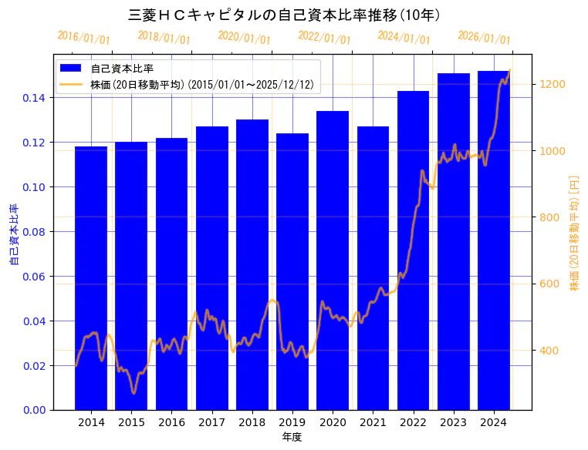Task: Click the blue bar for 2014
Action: (91, 277)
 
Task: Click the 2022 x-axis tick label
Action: (414, 422)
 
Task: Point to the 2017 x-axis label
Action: (211, 422)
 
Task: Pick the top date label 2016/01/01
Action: (83, 37)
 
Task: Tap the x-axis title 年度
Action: (292, 437)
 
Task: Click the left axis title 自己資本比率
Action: (13, 234)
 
